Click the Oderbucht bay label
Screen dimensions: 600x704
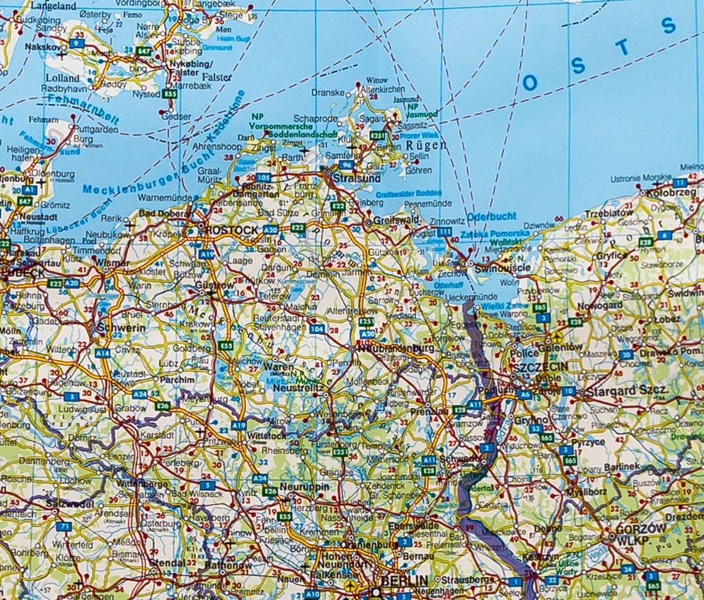493,216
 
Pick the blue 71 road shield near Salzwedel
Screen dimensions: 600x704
66,526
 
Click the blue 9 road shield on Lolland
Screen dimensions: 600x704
76,43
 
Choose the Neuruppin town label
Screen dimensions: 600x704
303,487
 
